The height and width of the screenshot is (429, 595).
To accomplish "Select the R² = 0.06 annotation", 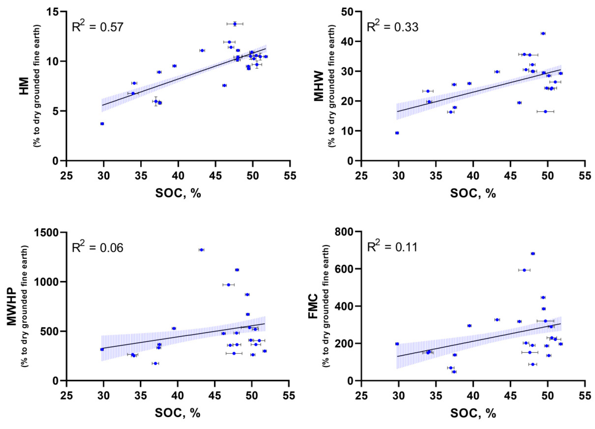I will coord(97,247).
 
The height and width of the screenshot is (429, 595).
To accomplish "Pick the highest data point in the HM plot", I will coord(235,24).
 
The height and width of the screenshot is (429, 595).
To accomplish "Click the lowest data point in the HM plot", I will coord(102,124).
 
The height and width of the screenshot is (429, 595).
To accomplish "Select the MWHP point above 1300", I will coord(201,250).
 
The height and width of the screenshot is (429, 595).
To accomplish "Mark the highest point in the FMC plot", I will coord(533,253).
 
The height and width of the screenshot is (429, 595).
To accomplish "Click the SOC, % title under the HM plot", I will coord(178,193).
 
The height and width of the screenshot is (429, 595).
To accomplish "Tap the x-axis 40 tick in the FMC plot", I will coord(473,395).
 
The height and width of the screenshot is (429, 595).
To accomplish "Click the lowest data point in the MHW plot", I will coord(397,133).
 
